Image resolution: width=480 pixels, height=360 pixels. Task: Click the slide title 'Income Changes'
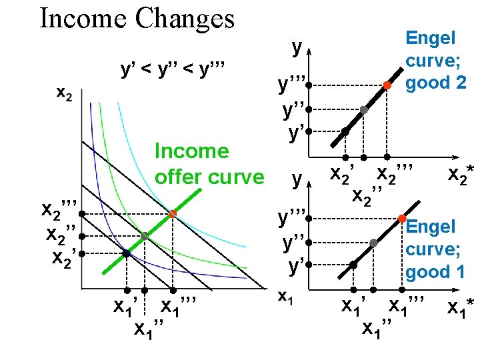(137, 19)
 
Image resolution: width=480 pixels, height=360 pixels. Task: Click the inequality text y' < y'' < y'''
(172, 69)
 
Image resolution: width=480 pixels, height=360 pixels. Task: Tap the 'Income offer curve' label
(209, 164)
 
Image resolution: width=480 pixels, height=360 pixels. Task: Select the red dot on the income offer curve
(172, 213)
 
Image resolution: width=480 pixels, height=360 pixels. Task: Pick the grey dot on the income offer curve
(145, 236)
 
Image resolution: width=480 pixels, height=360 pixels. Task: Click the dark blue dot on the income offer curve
(125, 253)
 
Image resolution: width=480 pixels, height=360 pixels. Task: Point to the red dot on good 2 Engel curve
(387, 85)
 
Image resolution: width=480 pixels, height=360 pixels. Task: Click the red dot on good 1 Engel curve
(402, 219)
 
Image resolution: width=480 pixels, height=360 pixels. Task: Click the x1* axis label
(461, 308)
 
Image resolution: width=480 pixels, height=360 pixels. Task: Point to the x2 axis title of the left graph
(64, 94)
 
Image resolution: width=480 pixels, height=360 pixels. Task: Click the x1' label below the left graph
(125, 307)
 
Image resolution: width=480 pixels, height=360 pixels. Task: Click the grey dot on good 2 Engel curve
(363, 110)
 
